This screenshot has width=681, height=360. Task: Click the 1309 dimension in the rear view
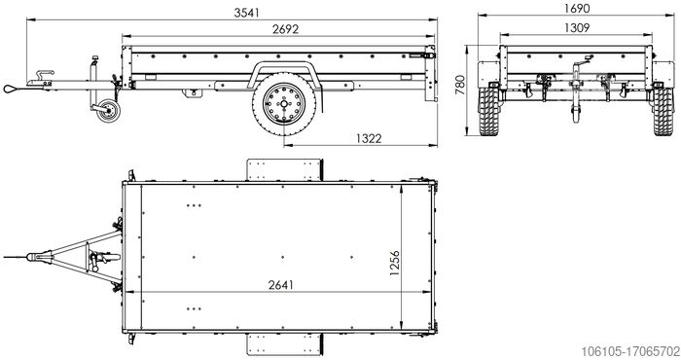[574, 28]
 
